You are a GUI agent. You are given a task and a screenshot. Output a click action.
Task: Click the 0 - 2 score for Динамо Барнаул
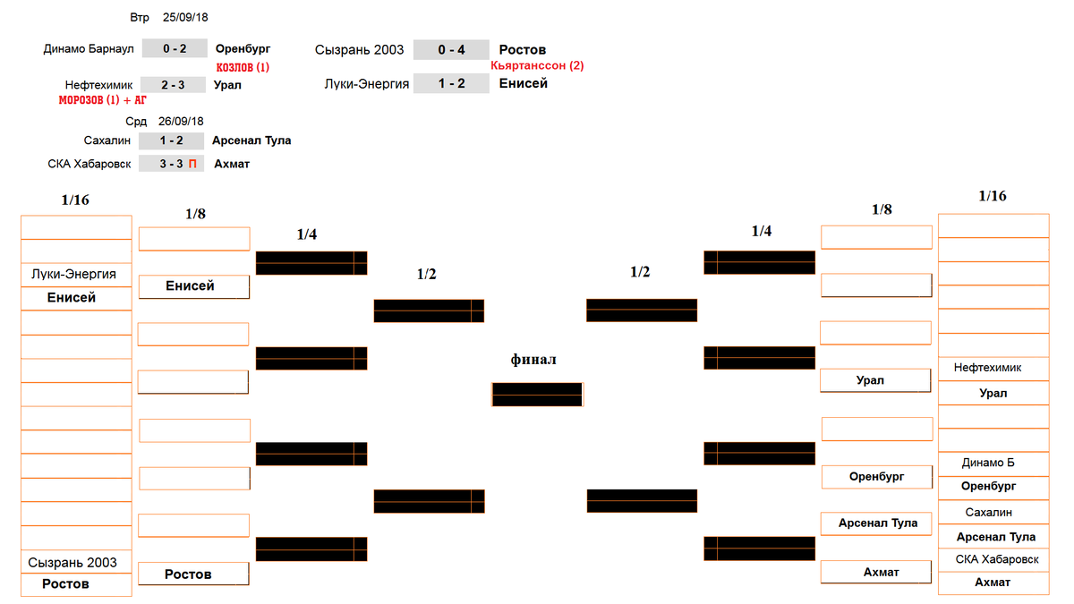[x=175, y=48]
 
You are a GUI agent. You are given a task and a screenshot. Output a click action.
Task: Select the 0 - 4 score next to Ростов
[x=451, y=50]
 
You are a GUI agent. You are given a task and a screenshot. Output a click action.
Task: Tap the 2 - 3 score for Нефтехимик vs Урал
[x=173, y=85]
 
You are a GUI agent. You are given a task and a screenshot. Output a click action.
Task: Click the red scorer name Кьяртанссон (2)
[x=537, y=65]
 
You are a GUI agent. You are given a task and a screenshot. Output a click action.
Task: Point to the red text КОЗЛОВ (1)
[x=243, y=67]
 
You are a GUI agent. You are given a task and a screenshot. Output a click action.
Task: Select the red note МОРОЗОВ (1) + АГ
[x=103, y=99]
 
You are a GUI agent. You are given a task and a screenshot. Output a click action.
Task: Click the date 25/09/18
[x=185, y=17]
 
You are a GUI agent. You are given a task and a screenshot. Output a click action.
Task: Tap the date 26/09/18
[x=181, y=122]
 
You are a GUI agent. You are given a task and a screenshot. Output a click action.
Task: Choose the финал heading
[x=533, y=360]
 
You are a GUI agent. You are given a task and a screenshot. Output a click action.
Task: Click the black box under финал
[x=537, y=395]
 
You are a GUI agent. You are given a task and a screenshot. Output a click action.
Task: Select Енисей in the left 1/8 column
[x=190, y=285]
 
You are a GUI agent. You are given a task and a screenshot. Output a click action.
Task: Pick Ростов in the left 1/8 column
[x=188, y=574]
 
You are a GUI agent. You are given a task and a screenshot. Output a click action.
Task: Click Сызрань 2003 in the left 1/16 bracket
[x=72, y=562]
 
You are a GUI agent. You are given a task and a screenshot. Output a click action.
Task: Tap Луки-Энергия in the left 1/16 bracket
[x=73, y=274]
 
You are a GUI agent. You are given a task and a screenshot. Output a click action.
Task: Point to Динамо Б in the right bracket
[x=988, y=463]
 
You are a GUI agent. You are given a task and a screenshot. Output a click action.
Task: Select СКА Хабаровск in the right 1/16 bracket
[x=997, y=559]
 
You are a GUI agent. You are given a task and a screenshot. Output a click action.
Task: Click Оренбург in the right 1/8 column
[x=876, y=476]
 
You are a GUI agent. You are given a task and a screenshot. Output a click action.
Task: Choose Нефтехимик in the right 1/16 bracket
[x=987, y=368]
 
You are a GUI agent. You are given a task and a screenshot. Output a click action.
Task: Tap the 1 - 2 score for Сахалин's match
[x=171, y=140]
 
